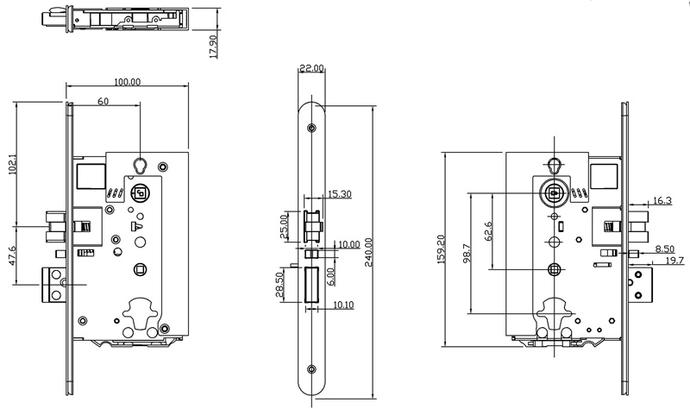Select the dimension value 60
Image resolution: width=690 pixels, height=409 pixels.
coord(103,102)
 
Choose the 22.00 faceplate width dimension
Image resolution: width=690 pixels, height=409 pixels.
coord(311,68)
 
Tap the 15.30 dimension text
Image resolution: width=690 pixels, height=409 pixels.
coord(338,194)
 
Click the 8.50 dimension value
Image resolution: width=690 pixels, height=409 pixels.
coord(662,248)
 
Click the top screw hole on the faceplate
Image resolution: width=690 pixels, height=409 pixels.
coord(311,128)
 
